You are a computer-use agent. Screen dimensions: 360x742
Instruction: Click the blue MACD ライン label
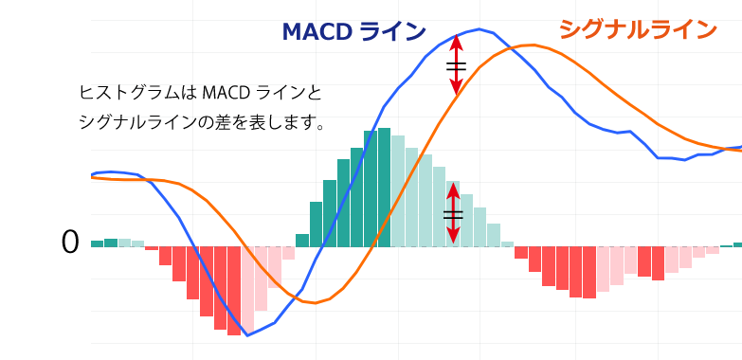pos(353,32)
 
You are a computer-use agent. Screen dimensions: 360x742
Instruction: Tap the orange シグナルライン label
pos(638,30)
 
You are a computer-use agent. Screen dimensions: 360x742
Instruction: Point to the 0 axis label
pos(70,243)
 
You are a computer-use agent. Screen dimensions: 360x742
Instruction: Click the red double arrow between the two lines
pos(456,65)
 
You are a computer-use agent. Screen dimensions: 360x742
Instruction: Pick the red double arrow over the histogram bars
pos(453,214)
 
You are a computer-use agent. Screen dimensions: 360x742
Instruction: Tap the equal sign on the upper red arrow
pos(456,66)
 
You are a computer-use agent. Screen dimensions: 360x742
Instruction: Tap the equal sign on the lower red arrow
pos(453,215)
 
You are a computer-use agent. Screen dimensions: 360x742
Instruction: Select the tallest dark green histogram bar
pos(384,188)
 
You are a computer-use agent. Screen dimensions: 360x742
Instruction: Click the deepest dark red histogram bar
pos(233,291)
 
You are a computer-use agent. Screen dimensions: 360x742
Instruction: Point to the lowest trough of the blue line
pos(247,335)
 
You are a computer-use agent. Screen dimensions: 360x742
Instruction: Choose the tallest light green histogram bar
pos(398,191)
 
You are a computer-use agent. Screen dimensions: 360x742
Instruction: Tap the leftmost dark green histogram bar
pos(97,243)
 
